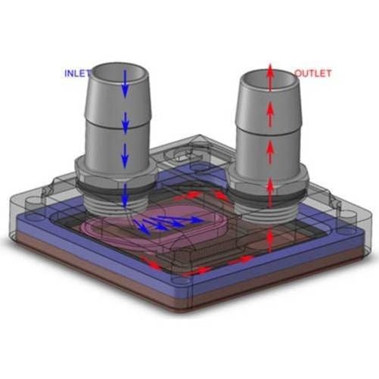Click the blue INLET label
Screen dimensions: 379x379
pos(77,73)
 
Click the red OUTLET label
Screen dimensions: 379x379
pos(312,73)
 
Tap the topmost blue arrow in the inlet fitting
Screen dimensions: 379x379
pos(125,84)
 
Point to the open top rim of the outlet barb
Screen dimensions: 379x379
pos(269,81)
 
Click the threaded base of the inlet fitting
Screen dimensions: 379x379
pos(115,203)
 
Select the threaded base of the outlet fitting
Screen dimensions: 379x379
pos(268,210)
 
